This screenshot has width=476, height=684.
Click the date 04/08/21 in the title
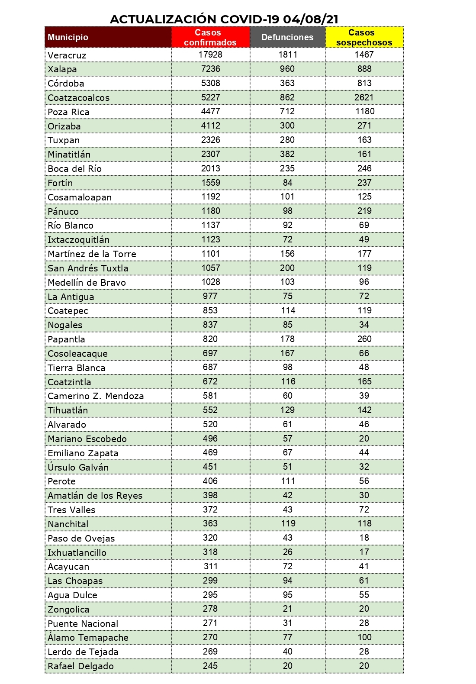[311, 19]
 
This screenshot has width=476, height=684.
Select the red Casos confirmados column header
[210, 37]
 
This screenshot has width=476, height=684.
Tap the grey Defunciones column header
[287, 37]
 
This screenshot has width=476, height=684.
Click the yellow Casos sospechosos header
[364, 37]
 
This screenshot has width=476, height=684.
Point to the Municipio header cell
[68, 37]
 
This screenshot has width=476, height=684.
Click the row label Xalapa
[62, 69]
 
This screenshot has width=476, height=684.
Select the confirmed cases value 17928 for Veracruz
[210, 55]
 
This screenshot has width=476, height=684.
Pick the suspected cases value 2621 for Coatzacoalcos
[364, 97]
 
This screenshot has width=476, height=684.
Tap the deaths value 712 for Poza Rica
[287, 111]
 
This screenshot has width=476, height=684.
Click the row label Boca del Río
[74, 169]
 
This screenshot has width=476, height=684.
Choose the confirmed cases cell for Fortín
[210, 183]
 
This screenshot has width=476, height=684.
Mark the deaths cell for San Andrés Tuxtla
[287, 268]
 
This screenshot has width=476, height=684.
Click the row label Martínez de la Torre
[92, 254]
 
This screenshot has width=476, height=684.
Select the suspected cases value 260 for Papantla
[364, 339]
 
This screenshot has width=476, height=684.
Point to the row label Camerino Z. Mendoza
[96, 396]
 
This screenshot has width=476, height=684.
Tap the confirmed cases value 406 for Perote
[210, 481]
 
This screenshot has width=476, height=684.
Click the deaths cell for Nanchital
[287, 523]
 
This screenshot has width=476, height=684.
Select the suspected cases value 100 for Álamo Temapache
[364, 637]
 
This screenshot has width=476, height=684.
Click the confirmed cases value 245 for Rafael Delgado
[210, 666]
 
